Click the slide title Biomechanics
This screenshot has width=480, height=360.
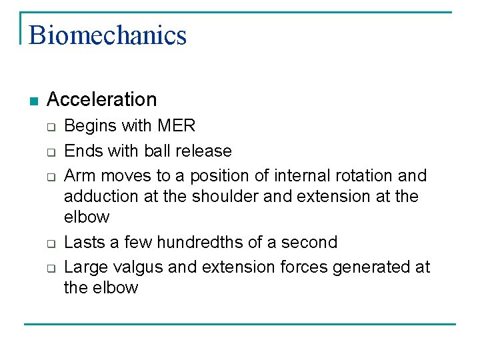[x=107, y=35]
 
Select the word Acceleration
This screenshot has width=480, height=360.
[x=102, y=99]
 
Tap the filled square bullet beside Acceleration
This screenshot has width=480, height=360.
[x=34, y=101]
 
